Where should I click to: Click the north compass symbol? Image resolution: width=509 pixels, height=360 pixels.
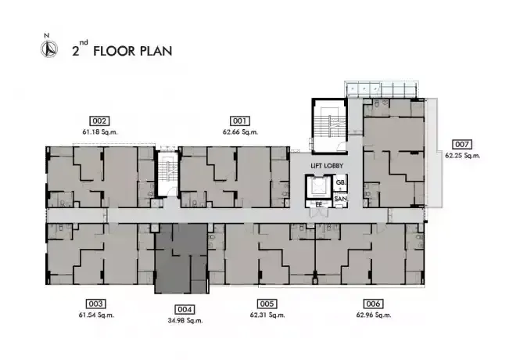pyautogui.click(x=49, y=49)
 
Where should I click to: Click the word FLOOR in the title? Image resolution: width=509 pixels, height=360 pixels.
pyautogui.click(x=114, y=52)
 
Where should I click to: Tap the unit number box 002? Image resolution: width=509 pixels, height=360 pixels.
pyautogui.click(x=99, y=121)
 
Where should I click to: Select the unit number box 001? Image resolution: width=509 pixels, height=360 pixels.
pyautogui.click(x=240, y=121)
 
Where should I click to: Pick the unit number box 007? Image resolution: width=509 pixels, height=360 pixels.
pyautogui.click(x=462, y=145)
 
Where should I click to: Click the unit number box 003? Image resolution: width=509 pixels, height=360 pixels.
pyautogui.click(x=95, y=304)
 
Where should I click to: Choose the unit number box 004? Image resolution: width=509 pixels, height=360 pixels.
pyautogui.click(x=185, y=309)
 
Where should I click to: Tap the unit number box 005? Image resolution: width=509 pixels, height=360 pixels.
pyautogui.click(x=267, y=304)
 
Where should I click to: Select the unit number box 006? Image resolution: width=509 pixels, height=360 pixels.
pyautogui.click(x=373, y=304)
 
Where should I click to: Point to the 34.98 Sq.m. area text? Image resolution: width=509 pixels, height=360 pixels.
pyautogui.click(x=185, y=321)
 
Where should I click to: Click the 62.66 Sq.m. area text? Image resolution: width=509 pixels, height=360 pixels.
pyautogui.click(x=240, y=132)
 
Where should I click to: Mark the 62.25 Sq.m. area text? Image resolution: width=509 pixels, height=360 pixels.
pyautogui.click(x=462, y=156)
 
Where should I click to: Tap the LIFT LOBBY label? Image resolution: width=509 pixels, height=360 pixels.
pyautogui.click(x=327, y=166)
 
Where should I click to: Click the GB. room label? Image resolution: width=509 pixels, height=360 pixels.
pyautogui.click(x=341, y=182)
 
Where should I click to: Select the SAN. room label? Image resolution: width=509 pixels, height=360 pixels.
pyautogui.click(x=341, y=199)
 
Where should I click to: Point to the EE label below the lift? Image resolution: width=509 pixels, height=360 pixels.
pyautogui.click(x=319, y=205)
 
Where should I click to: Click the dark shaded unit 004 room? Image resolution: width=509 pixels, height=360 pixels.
pyautogui.click(x=181, y=258)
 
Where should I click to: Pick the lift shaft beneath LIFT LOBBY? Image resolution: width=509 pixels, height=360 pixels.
pyautogui.click(x=318, y=188)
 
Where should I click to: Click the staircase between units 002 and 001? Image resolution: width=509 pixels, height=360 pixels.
pyautogui.click(x=168, y=174)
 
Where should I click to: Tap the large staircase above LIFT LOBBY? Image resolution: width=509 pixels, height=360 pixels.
pyautogui.click(x=329, y=126)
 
